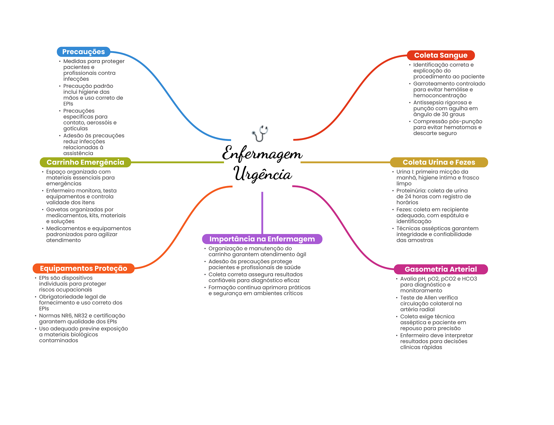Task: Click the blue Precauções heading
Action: point(84,52)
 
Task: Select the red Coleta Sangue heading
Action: point(441,55)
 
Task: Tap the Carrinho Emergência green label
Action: point(85,162)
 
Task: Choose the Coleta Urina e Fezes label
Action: point(439,162)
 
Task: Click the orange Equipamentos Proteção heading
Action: point(84,268)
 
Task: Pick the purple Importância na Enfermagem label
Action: point(262,239)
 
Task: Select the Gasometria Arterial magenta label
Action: point(441,269)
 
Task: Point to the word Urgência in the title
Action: point(263,174)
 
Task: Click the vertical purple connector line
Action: point(262,213)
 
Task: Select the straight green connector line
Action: point(177,162)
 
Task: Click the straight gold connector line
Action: point(345,162)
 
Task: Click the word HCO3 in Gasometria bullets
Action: point(470,279)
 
